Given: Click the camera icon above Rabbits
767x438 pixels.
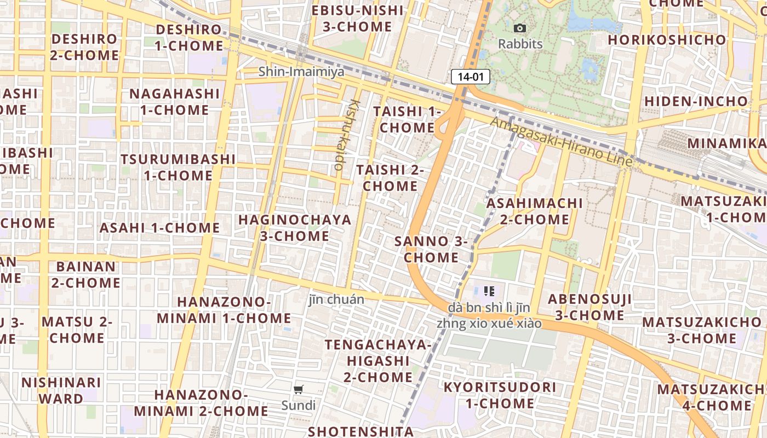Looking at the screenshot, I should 519,28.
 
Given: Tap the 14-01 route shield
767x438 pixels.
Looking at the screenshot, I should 470,77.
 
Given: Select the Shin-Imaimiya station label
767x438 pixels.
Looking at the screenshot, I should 301,71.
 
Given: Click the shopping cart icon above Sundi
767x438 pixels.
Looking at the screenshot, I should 299,389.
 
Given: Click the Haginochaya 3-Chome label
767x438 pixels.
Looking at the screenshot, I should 295,228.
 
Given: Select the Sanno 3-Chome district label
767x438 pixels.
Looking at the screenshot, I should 431,249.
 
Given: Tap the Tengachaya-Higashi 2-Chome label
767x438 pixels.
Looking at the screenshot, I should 378,361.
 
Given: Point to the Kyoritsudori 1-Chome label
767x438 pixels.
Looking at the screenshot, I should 500,395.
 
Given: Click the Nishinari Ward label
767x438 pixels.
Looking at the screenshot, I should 61,390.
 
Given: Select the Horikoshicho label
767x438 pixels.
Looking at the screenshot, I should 667,39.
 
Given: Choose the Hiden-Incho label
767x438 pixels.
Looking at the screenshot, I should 695,101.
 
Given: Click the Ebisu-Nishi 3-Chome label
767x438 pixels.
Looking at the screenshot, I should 357,19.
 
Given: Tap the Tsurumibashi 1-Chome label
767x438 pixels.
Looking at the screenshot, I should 178,167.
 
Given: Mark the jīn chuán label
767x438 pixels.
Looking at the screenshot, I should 336,299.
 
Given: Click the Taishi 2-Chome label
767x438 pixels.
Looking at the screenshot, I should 390,178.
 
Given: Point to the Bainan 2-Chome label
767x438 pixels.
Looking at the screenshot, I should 86,275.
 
